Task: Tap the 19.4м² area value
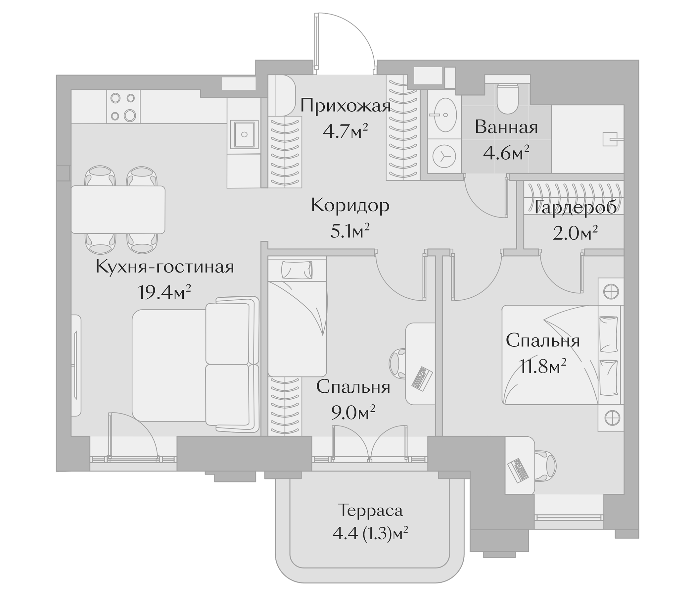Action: coord(164,292)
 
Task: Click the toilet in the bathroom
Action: coord(507,99)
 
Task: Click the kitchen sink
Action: coord(244,134)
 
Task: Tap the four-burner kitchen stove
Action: coord(123,107)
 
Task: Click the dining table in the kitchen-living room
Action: coord(118,210)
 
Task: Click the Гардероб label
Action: coord(575,207)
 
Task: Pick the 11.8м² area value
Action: coord(543,367)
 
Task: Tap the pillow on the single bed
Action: coord(297,270)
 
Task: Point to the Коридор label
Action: coord(350,205)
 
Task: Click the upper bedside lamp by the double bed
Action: coord(611,291)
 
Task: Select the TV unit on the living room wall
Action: coord(76,366)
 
